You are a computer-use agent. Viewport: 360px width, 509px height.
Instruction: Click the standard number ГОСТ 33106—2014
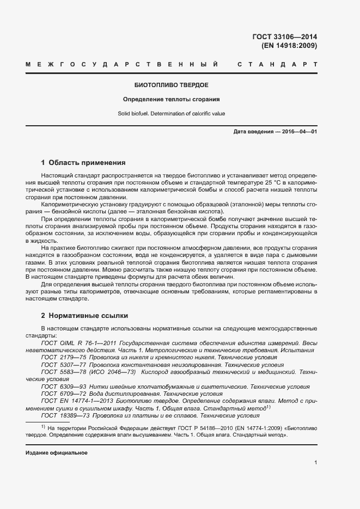click(284, 37)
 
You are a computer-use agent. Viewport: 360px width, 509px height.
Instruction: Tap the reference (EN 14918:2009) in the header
click(289, 46)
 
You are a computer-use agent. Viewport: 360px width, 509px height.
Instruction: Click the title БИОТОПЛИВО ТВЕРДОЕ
click(171, 85)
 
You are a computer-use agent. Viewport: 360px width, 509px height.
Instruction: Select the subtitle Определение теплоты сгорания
click(171, 100)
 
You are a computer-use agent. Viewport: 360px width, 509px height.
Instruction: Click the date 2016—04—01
click(299, 132)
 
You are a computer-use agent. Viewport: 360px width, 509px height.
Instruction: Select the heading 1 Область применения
click(83, 162)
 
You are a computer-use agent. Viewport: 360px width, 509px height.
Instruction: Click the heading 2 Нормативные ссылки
click(84, 315)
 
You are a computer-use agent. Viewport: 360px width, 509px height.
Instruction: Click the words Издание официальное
click(57, 452)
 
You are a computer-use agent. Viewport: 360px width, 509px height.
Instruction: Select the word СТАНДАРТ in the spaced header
click(278, 65)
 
